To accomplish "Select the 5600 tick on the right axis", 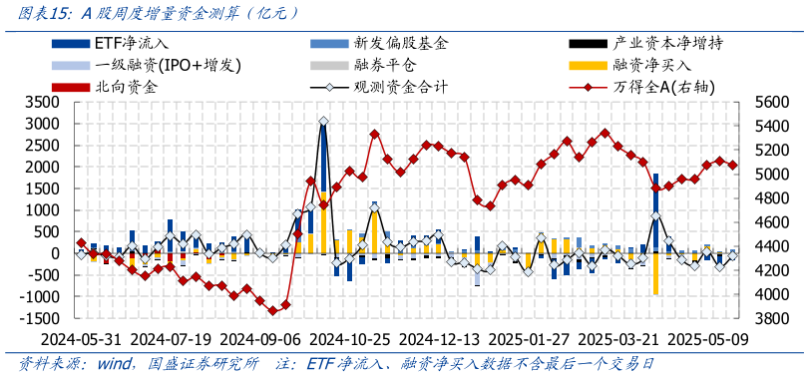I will coord(772,102).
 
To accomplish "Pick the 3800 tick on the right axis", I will coord(772,318).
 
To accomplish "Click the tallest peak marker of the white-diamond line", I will coord(323,122).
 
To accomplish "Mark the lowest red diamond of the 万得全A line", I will coord(272,311).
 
